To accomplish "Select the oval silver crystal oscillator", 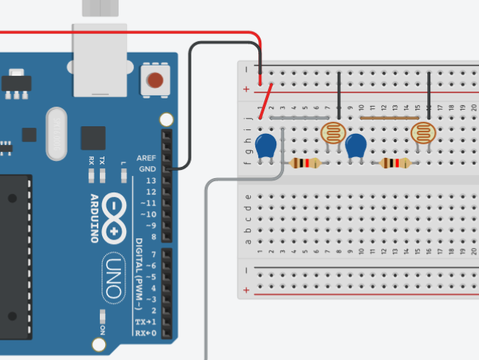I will point(57,135).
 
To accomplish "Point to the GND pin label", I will point(147,170).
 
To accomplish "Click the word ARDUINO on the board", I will point(95,218).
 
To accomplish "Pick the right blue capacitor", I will point(356,146).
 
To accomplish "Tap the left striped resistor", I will point(304,163).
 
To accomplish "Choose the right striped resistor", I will point(395,163).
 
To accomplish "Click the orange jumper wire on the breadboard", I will point(388,118).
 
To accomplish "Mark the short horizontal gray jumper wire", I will point(298,118).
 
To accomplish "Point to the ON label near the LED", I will point(101,328).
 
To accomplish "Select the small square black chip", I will point(93,138).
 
